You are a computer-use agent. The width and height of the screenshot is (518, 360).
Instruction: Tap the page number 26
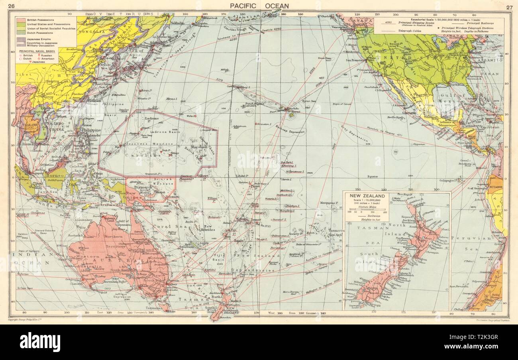tap(12, 6)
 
